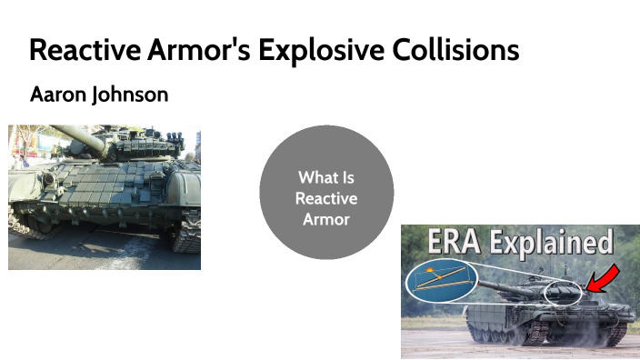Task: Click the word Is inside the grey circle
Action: click(348, 177)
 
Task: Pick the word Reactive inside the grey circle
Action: click(326, 198)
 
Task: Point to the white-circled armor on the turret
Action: click(563, 294)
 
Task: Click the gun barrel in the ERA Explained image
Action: click(509, 287)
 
